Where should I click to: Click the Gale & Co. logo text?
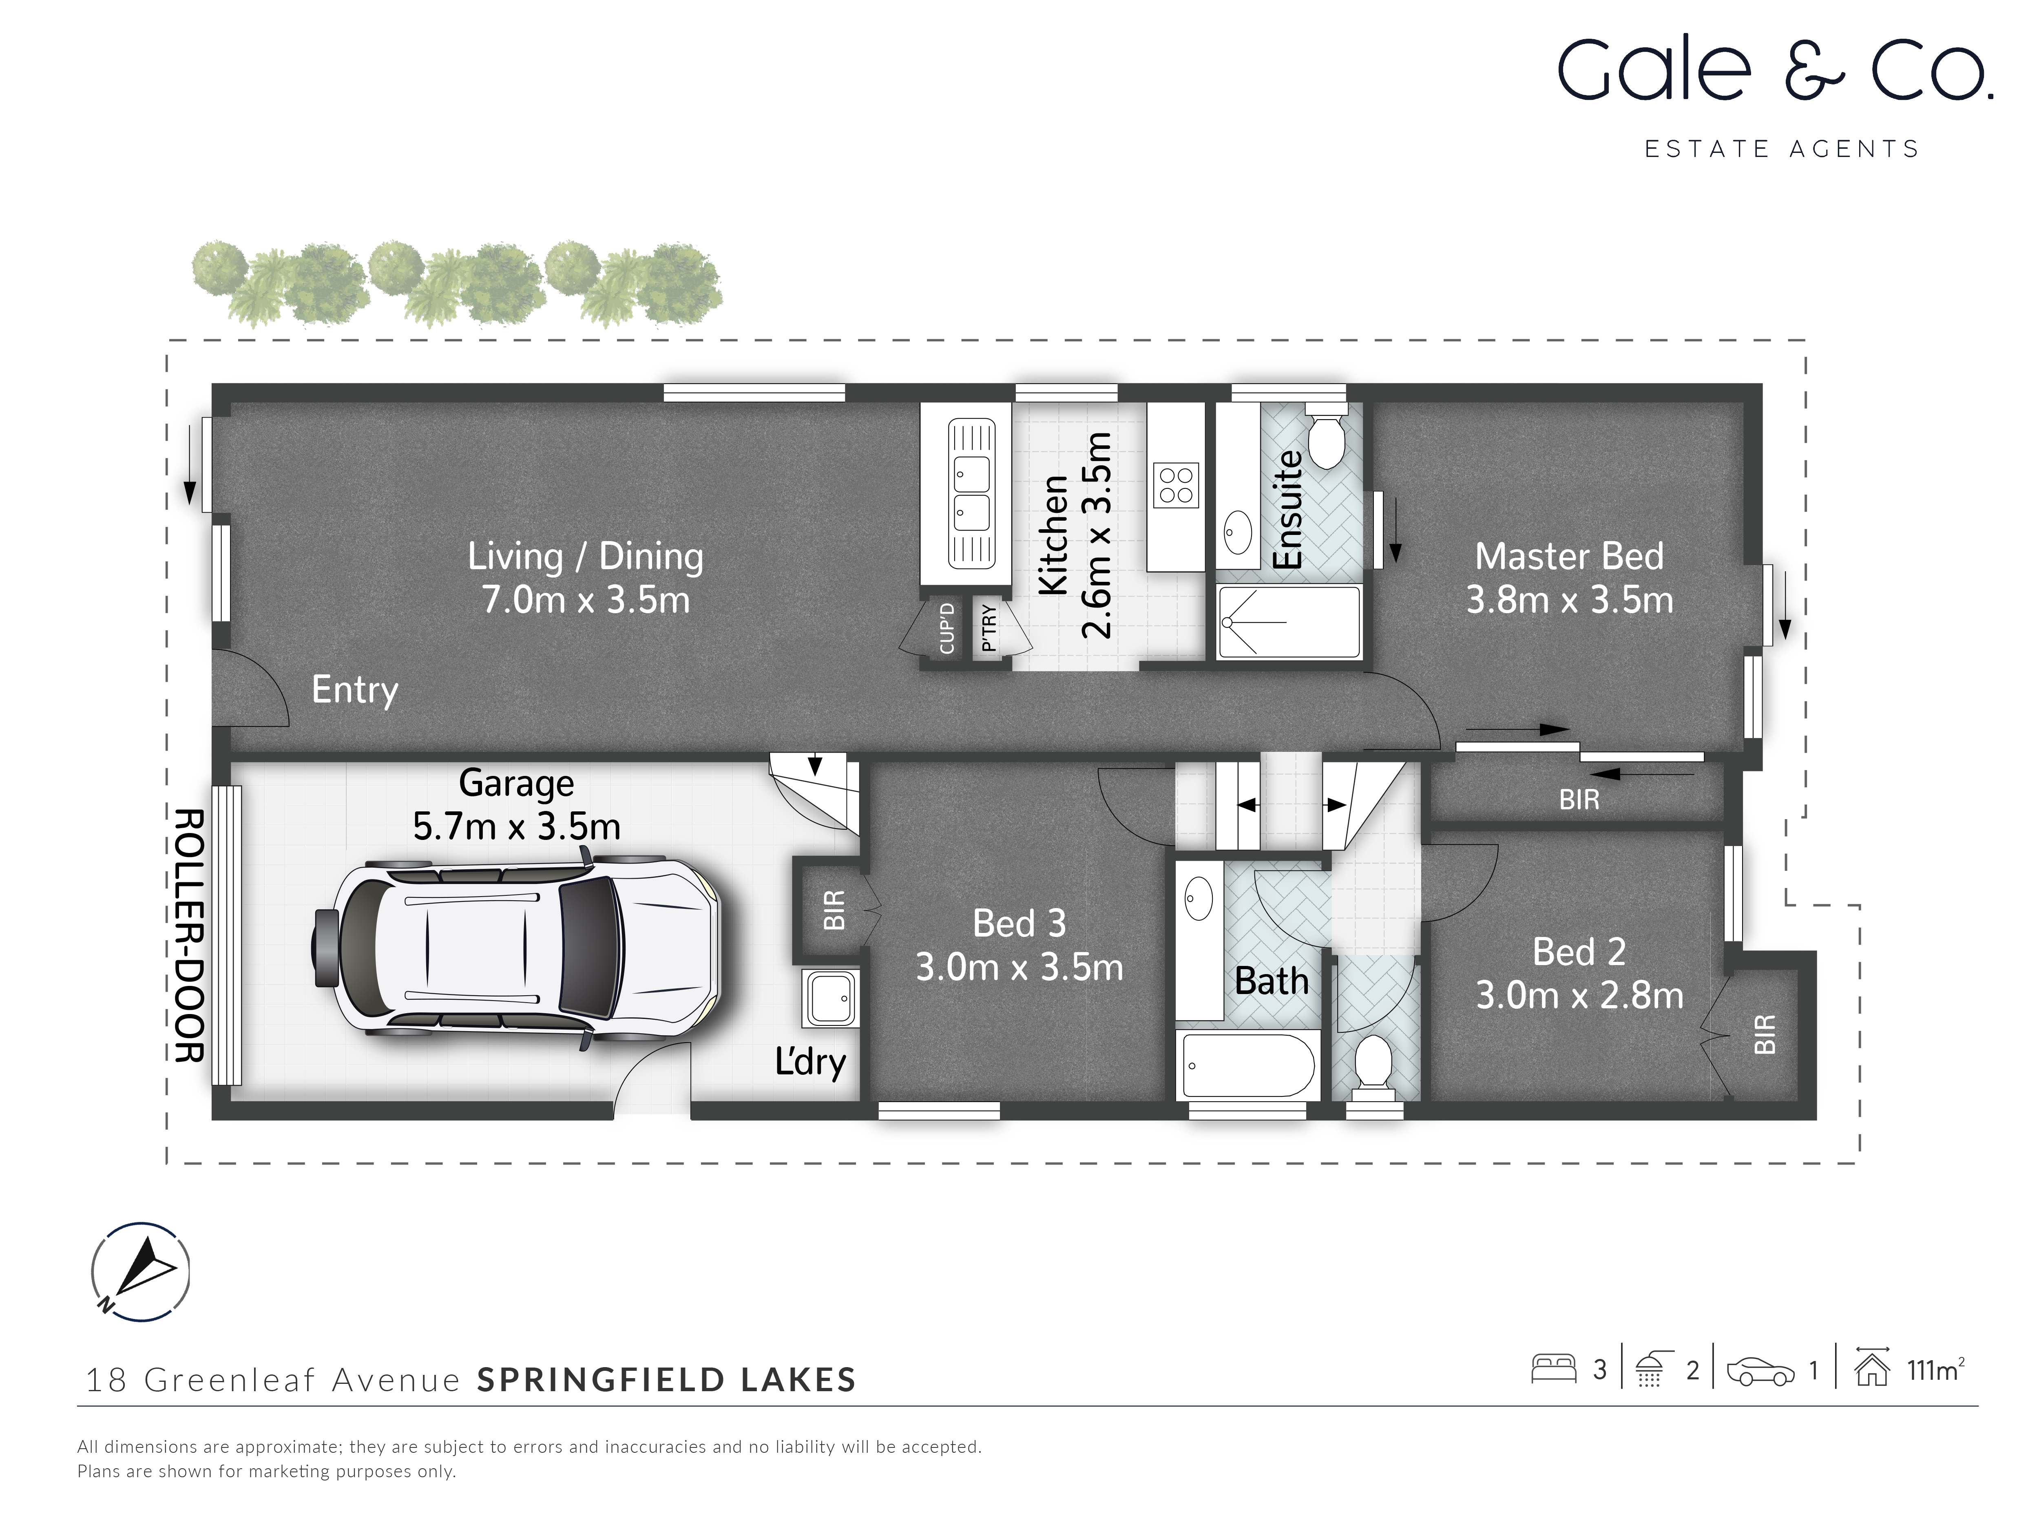point(1774,71)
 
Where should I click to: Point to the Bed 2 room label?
point(1578,951)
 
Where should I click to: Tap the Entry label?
point(355,689)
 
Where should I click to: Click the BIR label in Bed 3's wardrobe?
point(833,910)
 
